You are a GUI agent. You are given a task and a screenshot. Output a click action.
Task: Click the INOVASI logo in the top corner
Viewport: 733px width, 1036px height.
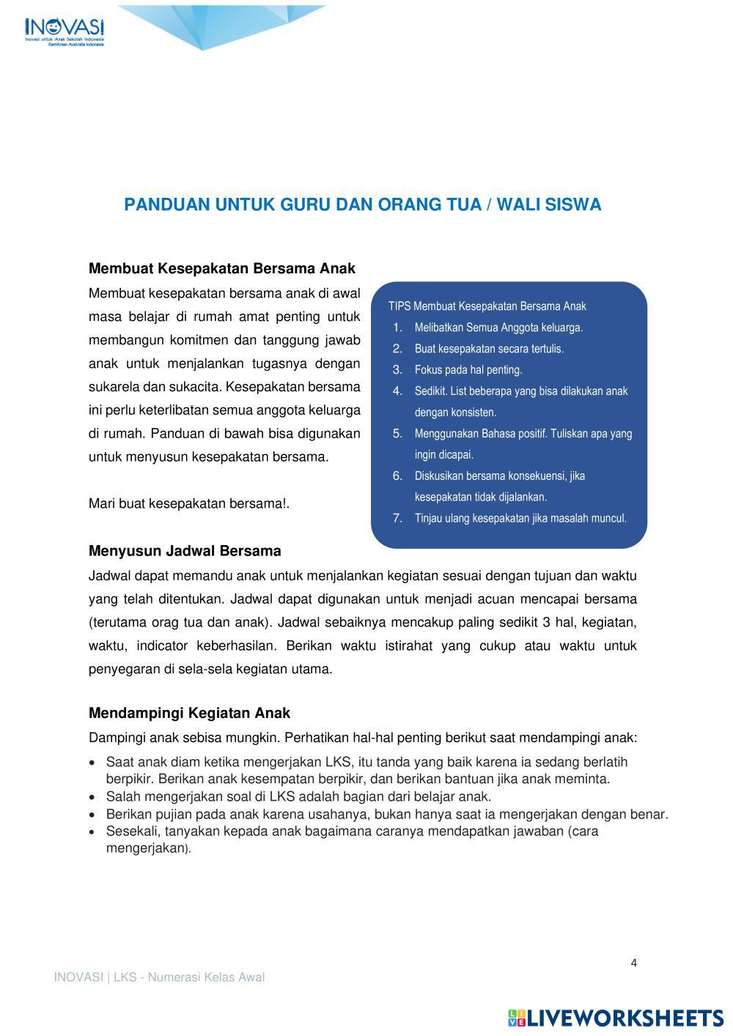click(65, 31)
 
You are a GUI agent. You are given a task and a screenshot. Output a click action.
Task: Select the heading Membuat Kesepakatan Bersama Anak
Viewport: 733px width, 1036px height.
click(221, 268)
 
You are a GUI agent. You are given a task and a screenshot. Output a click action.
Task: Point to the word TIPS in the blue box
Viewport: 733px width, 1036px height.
click(399, 306)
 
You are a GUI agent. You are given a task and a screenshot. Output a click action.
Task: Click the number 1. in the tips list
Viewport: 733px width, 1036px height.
click(398, 328)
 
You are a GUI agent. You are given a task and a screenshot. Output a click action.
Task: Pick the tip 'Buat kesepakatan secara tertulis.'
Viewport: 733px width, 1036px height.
click(489, 349)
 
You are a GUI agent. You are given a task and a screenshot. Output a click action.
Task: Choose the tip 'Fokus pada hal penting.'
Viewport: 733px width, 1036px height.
click(468, 370)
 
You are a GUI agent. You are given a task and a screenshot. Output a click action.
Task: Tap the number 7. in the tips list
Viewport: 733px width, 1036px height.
click(398, 518)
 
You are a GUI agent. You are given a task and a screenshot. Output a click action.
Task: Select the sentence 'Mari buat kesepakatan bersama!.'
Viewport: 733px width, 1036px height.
click(189, 503)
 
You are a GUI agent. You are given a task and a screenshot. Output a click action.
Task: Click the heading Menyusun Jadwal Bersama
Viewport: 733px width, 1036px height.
click(185, 550)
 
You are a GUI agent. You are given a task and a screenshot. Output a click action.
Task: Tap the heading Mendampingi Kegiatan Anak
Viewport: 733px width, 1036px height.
click(189, 713)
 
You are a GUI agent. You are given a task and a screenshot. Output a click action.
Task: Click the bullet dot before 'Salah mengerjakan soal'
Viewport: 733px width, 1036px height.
click(92, 797)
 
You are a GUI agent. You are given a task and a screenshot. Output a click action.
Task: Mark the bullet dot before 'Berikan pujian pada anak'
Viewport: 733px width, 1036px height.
click(92, 815)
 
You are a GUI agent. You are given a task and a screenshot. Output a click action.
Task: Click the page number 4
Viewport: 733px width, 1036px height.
click(634, 963)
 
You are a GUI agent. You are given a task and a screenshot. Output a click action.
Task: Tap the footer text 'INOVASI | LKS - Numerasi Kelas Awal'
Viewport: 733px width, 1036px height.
click(159, 977)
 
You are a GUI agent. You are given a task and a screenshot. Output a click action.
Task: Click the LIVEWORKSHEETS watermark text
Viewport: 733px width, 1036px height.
click(625, 1018)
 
